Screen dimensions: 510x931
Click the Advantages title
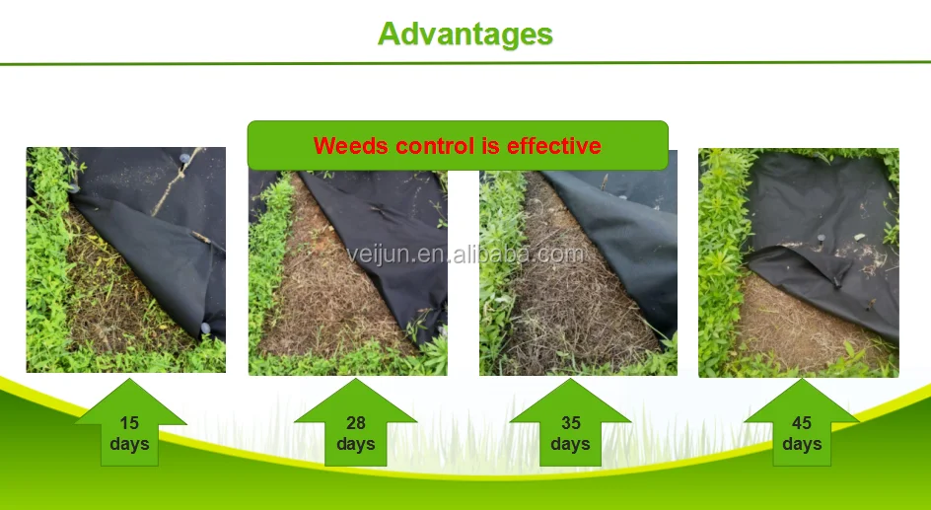coord(465,35)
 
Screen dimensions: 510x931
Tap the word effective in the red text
coord(553,146)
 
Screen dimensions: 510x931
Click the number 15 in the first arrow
coord(129,423)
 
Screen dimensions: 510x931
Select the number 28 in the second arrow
coord(355,423)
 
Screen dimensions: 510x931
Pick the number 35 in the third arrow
coord(571,423)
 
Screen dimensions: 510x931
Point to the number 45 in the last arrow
coord(802,423)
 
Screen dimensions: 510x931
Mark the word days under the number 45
coord(802,444)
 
